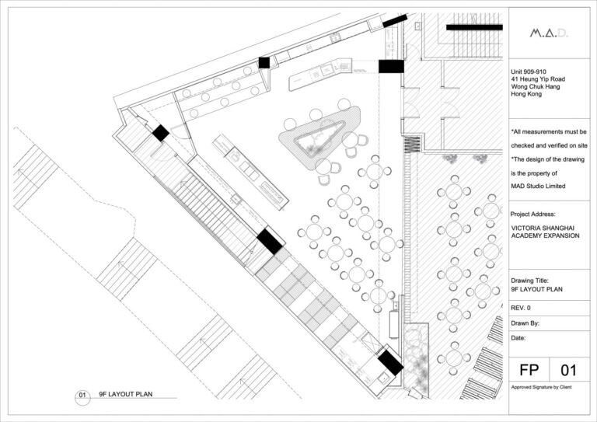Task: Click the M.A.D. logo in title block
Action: click(x=548, y=33)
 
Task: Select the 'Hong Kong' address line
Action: click(x=528, y=95)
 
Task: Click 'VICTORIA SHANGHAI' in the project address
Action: click(x=542, y=228)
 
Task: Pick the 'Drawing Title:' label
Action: click(x=532, y=281)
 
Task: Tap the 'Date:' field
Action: click(x=520, y=339)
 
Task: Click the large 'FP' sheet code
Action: click(x=529, y=370)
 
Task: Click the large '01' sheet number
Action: click(x=569, y=370)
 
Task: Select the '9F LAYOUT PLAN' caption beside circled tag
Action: click(x=125, y=395)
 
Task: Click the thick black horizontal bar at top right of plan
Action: click(x=474, y=27)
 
